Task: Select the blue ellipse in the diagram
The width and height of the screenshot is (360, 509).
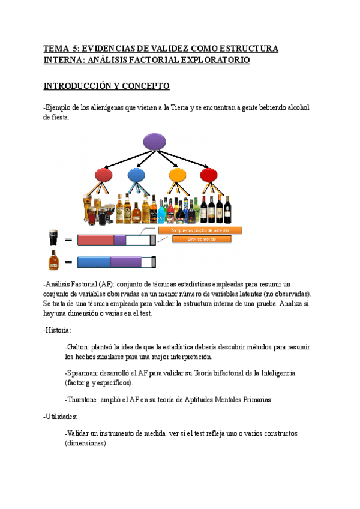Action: pos(136,175)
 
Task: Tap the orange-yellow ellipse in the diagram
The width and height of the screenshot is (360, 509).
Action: pos(177,175)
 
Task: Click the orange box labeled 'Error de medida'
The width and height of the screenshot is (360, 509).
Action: pos(202,239)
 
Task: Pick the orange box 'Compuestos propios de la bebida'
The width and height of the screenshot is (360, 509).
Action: pos(200,230)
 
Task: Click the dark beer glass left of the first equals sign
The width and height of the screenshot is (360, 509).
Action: pos(53,238)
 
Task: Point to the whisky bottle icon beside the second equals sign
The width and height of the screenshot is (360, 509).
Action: pos(53,261)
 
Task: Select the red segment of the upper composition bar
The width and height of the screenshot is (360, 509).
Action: pos(95,240)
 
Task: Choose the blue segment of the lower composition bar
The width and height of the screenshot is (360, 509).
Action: pos(94,262)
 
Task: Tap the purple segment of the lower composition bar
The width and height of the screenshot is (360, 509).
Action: pos(125,262)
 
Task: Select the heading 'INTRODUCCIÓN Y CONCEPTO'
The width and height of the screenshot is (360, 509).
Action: pos(107,86)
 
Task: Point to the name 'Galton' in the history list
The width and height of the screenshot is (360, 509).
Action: pos(77,347)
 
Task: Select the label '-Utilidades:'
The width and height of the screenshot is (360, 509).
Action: pos(60,415)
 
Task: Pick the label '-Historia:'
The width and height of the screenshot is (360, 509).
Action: pos(58,330)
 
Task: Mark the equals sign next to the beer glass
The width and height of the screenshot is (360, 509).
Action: pos(68,240)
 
